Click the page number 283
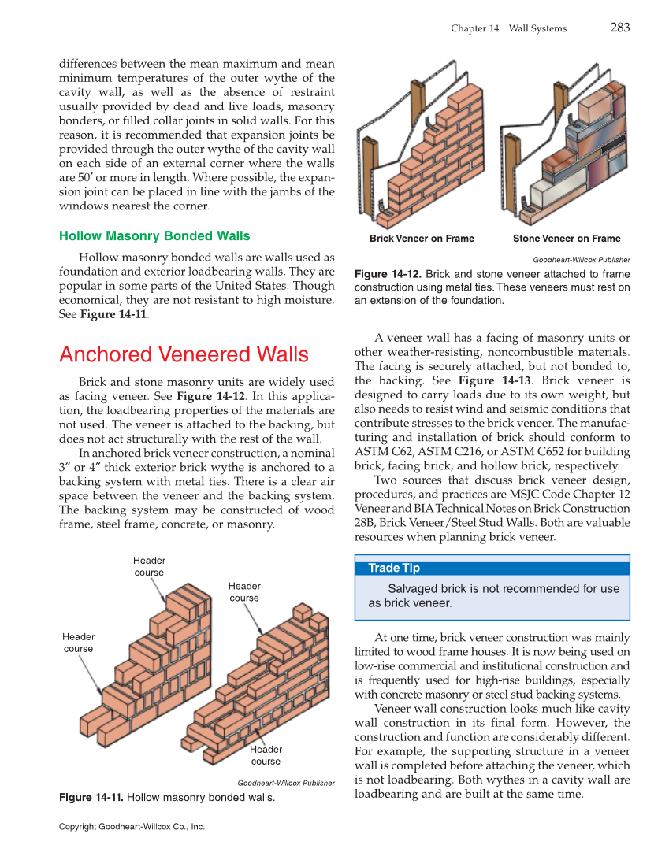coord(619,28)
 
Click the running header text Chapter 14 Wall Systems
coord(508,28)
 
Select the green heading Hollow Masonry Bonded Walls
coord(154,236)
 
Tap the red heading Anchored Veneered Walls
coord(184,354)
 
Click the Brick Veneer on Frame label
coord(422,239)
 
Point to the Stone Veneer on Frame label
coord(566,239)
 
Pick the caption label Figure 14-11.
coord(91,798)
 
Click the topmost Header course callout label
coord(149,566)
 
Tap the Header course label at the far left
coord(78,643)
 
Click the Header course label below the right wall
coord(266,755)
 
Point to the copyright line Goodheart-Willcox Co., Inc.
coord(132,827)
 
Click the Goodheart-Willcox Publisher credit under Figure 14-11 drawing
coord(285,783)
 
